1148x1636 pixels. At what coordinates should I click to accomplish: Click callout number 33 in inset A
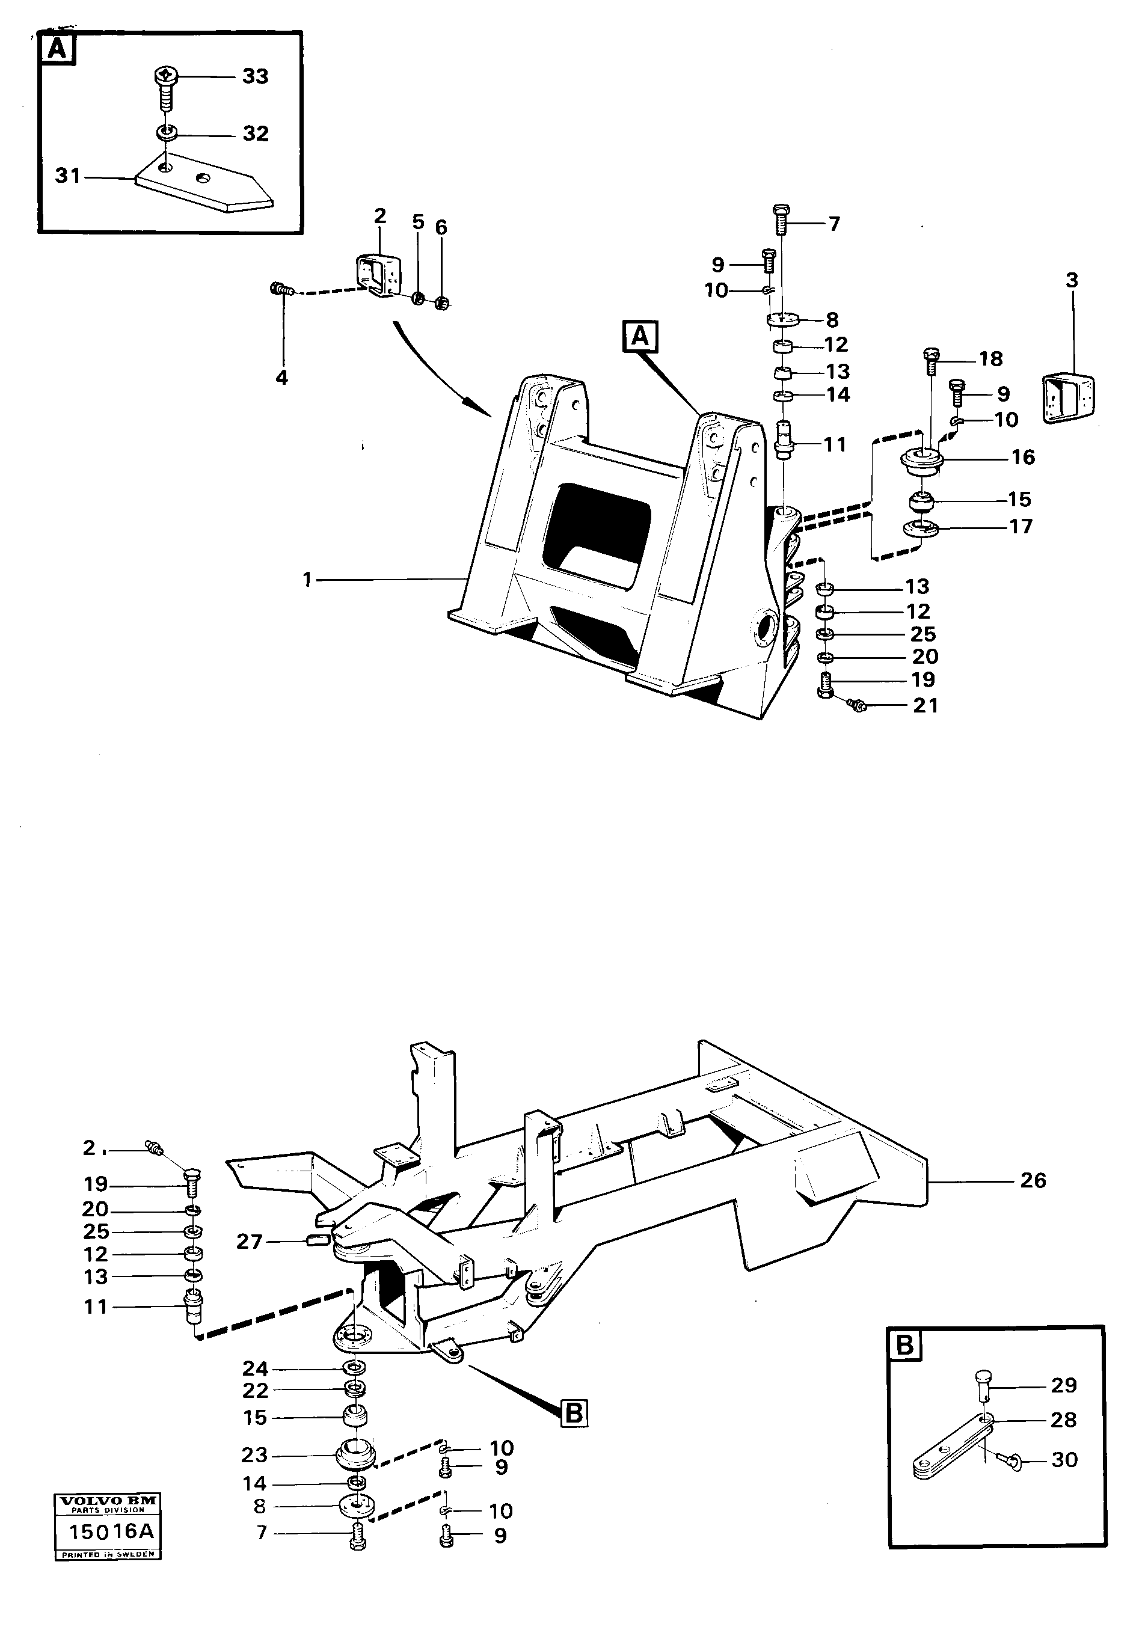tap(254, 76)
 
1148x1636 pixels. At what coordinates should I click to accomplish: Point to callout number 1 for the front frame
tap(307, 580)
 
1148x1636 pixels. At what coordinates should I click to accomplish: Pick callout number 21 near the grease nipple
tap(925, 705)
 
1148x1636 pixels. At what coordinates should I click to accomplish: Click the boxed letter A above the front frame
tap(640, 335)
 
